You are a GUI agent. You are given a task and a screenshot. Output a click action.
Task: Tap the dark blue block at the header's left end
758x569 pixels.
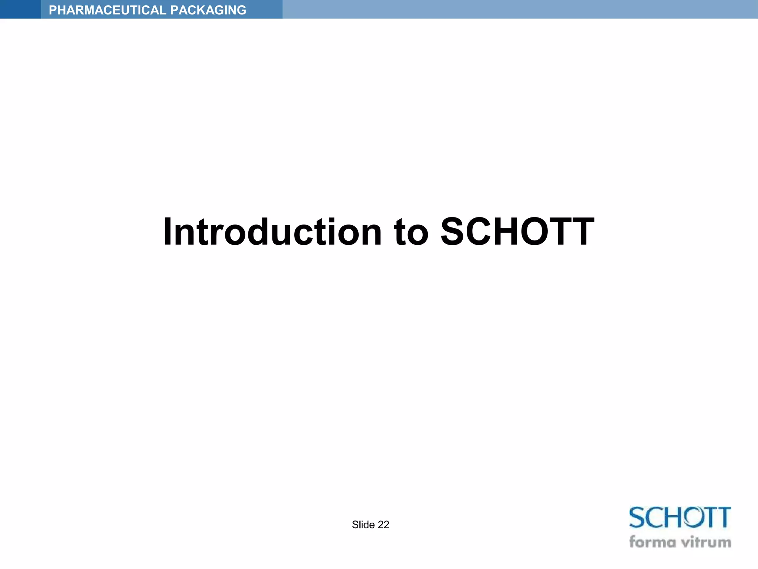pos(20,9)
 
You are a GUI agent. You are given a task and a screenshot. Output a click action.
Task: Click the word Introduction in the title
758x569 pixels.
pos(272,232)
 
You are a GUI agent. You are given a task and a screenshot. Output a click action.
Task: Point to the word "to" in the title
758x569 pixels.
pos(411,233)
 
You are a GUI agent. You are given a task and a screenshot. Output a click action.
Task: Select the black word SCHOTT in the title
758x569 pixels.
pos(517,232)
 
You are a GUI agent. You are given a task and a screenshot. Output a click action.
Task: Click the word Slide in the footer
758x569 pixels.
pos(363,525)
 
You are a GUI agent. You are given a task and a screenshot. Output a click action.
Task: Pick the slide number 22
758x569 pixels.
pos(383,525)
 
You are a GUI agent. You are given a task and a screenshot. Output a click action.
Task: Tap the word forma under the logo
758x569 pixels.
pos(651,542)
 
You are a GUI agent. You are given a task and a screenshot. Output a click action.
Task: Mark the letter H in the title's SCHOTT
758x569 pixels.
pos(513,232)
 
